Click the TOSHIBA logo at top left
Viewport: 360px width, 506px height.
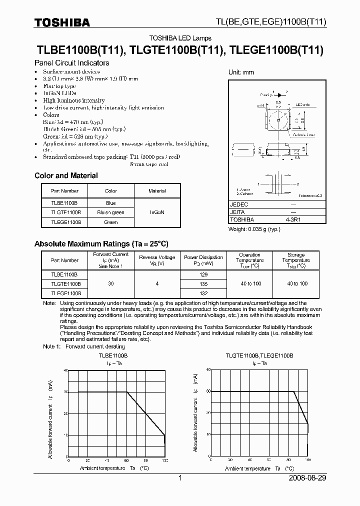coord(62,22)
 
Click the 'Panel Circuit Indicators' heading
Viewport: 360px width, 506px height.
coord(71,63)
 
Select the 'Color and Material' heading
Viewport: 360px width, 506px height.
coord(66,175)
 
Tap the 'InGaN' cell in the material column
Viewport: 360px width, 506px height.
coord(157,212)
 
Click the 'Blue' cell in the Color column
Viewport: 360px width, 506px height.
coord(111,203)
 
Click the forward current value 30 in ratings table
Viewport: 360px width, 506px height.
coord(111,283)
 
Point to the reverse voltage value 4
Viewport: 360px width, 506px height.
coord(157,283)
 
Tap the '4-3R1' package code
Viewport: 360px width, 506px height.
coord(293,219)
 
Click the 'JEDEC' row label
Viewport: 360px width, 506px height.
coord(239,205)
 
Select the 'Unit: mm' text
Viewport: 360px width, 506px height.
coord(241,72)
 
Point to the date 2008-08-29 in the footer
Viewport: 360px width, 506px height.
coord(307,478)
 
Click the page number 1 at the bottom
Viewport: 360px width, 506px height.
coord(180,478)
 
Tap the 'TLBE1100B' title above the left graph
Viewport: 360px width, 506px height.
coord(113,354)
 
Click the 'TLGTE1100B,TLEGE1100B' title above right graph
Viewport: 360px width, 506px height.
coord(259,354)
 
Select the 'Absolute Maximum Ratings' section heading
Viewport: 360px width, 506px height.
coord(101,243)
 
